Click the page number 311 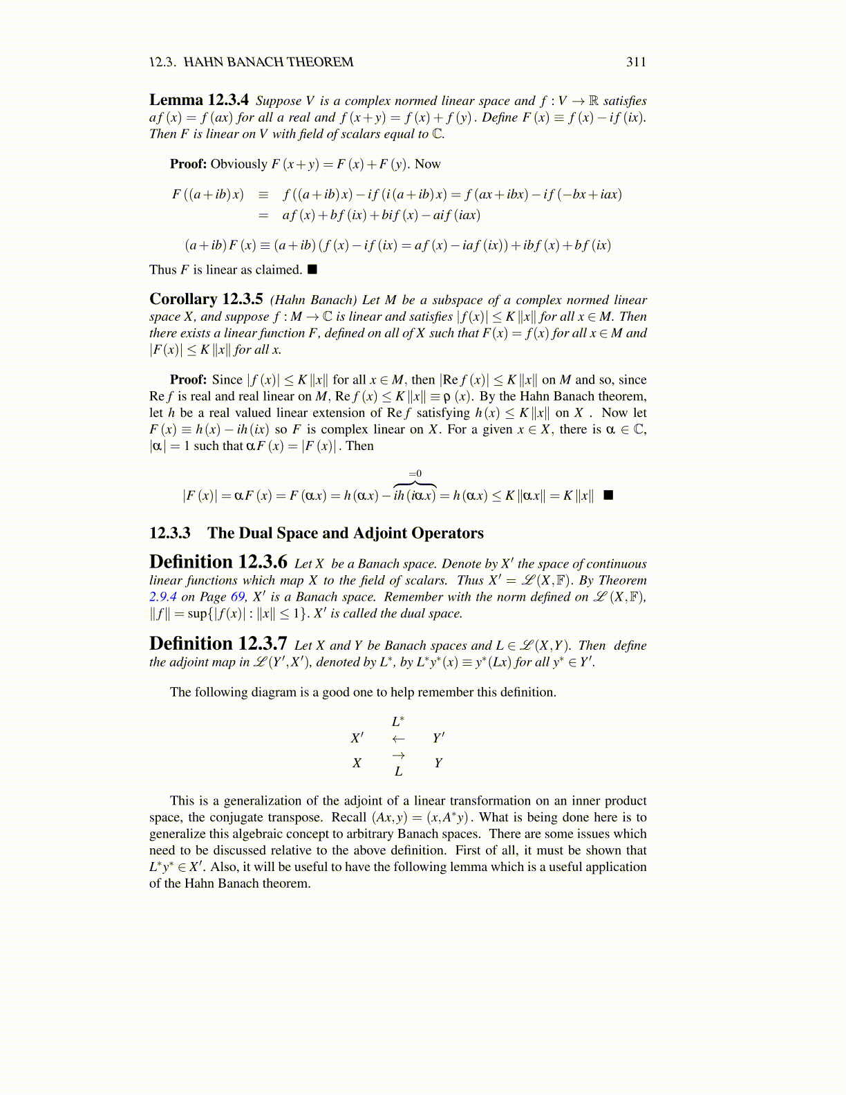pyautogui.click(x=636, y=62)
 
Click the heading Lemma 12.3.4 pyautogui.click(x=199, y=100)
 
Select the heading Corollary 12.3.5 pyautogui.click(x=206, y=299)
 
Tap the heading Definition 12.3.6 pyautogui.click(x=218, y=562)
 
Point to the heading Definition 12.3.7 pyautogui.click(x=218, y=644)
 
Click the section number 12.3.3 pyautogui.click(x=170, y=533)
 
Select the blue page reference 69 pyautogui.click(x=238, y=597)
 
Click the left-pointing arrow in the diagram pyautogui.click(x=398, y=738)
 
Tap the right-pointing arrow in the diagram pyautogui.click(x=398, y=756)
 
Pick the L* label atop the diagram pyautogui.click(x=398, y=722)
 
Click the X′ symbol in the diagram pyautogui.click(x=357, y=738)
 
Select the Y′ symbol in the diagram pyautogui.click(x=438, y=738)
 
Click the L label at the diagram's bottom pyautogui.click(x=398, y=771)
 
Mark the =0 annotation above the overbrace pyautogui.click(x=415, y=474)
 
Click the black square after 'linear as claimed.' pyautogui.click(x=312, y=269)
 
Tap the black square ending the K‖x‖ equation pyautogui.click(x=608, y=495)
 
